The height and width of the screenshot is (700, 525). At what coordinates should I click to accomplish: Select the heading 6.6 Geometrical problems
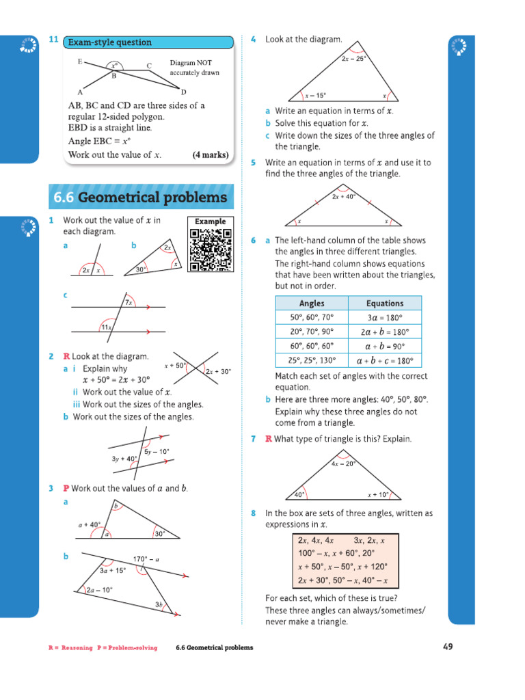(141, 198)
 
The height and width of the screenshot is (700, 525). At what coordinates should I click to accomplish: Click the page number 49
(447, 647)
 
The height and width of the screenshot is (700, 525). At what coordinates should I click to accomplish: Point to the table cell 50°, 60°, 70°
(311, 317)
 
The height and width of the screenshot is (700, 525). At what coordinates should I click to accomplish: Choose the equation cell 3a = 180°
(385, 317)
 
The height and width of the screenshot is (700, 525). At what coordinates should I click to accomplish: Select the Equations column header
(385, 304)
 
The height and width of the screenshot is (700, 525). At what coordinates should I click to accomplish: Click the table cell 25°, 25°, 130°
(311, 360)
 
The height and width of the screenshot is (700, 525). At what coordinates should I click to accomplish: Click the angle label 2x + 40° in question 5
(344, 197)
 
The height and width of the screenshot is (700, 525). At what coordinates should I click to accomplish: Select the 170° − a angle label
(146, 559)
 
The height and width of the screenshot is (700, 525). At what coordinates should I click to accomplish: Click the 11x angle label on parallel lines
(106, 327)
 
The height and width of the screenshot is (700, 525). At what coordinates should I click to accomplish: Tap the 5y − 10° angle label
(157, 452)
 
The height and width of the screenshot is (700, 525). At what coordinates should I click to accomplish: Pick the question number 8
(253, 513)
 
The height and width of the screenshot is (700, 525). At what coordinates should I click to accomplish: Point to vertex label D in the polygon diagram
(183, 92)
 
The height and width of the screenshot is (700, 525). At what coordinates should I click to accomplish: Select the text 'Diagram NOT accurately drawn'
(195, 68)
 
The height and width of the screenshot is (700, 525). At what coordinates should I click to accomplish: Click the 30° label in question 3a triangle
(160, 534)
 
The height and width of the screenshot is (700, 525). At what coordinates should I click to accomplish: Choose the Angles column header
(312, 304)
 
